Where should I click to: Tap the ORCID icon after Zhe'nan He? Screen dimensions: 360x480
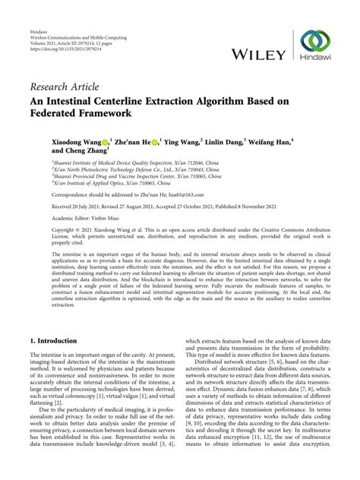156,141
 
